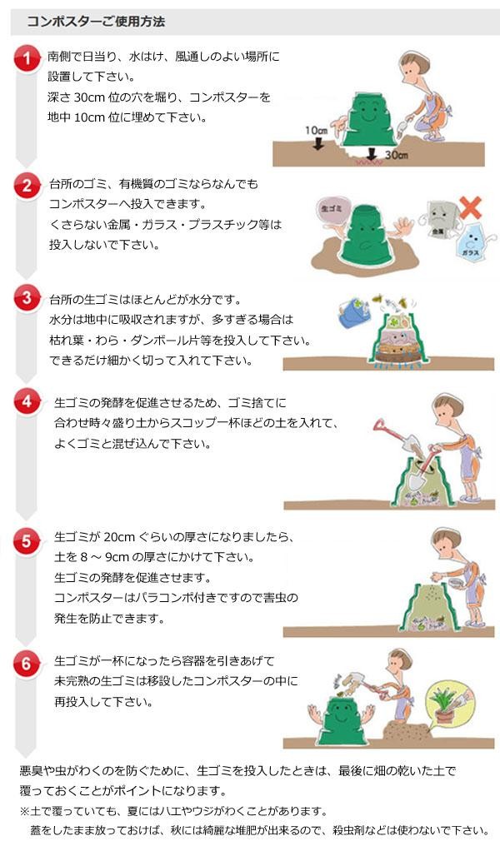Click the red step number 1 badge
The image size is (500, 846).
27,59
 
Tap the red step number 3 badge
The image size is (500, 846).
27,297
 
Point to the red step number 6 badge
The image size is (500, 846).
27,664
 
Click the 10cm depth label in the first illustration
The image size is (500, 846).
316,131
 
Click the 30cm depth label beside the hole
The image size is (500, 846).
396,155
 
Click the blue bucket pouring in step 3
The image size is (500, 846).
351,314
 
